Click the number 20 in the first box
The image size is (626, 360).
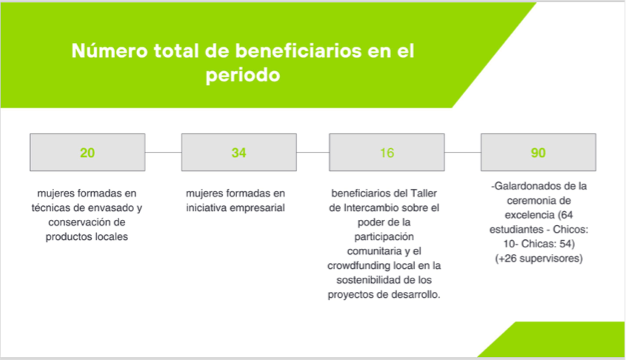tap(87, 153)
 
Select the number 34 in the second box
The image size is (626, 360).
tap(239, 153)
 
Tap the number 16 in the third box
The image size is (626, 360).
tap(387, 153)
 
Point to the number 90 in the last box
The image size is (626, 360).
tap(538, 153)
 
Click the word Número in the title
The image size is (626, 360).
tap(110, 51)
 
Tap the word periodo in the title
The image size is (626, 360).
tap(243, 75)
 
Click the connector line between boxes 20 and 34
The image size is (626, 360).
tap(163, 152)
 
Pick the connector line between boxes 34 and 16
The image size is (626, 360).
tap(313, 152)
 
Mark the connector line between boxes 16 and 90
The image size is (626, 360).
tap(463, 152)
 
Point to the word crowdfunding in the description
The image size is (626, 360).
tap(359, 266)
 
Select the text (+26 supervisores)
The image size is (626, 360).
tap(539, 259)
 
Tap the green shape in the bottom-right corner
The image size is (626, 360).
tap(563, 342)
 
